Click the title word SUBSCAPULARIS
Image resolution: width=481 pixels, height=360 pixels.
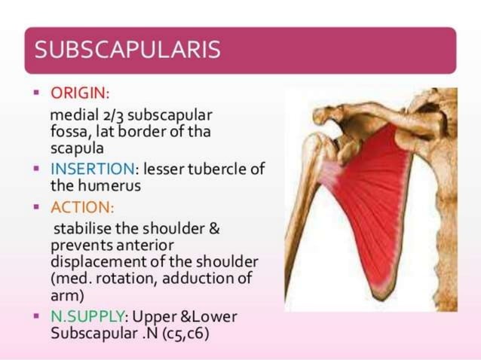(128, 50)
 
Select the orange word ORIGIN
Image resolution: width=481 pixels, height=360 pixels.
(78, 95)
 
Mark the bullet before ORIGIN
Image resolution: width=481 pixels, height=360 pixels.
(36, 95)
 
